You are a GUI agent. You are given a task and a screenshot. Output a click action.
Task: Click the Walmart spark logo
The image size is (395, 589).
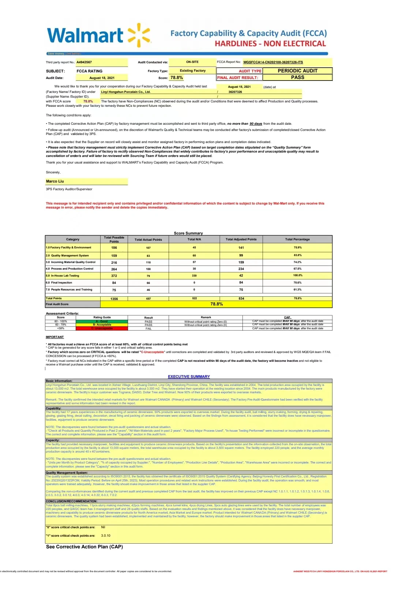coord(139,35)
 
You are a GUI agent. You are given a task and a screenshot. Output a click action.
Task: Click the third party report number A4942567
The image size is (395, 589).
coord(84,62)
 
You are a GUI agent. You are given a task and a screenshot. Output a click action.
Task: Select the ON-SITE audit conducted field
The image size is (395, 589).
coord(192,62)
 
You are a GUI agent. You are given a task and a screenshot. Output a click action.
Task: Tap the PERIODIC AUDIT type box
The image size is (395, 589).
coord(297,71)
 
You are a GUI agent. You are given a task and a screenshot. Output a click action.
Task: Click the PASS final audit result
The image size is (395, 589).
coord(297,77)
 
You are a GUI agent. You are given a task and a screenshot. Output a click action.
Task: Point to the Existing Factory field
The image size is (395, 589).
coord(192,71)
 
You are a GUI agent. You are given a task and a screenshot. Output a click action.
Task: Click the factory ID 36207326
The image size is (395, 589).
coord(235,92)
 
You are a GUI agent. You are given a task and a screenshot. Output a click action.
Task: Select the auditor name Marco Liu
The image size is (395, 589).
coord(55,181)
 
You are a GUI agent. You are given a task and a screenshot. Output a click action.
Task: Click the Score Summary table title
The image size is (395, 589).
coord(188,233)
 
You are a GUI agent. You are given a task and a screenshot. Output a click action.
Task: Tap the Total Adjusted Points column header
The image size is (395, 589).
coord(241,239)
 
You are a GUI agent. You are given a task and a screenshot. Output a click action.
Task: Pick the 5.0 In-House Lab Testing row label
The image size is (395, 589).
coord(63,275)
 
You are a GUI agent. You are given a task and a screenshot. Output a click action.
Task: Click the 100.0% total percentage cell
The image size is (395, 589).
coord(297,275)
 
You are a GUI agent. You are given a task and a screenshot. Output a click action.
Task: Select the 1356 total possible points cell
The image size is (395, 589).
coord(114,299)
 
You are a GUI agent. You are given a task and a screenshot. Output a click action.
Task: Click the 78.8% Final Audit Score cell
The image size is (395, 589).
coord(217,304)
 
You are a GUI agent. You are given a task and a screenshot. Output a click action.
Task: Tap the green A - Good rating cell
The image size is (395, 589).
coord(102,321)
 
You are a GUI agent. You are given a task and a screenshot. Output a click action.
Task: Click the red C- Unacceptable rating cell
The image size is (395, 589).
coord(102,329)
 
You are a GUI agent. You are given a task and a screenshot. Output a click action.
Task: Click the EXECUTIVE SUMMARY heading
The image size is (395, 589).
coord(189,376)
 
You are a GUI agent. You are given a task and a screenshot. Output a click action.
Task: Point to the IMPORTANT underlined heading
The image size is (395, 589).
coord(54,337)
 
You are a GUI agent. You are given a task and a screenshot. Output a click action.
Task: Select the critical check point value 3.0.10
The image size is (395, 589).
coord(106,536)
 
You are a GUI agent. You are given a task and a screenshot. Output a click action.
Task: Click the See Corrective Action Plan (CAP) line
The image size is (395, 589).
coord(84,547)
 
